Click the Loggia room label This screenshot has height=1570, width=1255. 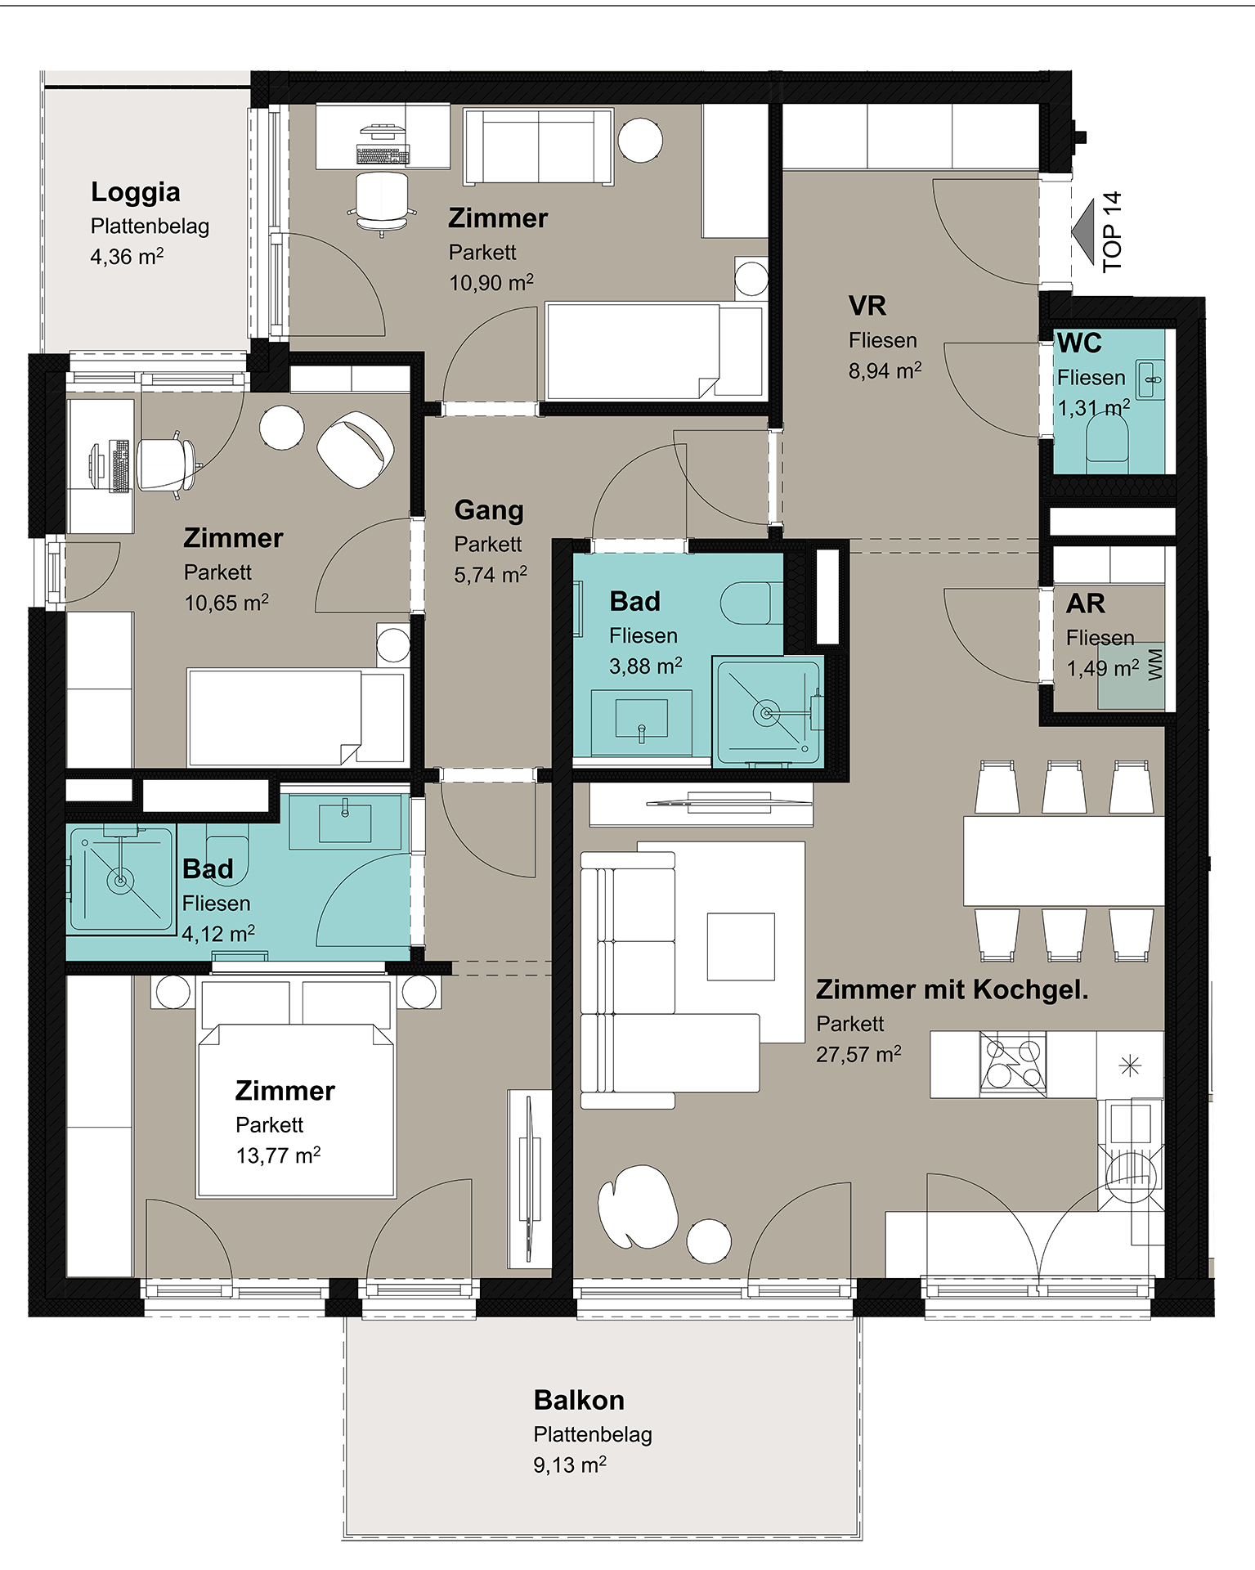click(136, 192)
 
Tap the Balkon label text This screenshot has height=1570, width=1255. click(579, 1400)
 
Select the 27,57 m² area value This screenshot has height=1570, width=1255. click(858, 1054)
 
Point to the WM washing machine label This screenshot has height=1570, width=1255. click(1154, 665)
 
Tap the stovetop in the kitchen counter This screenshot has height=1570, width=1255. click(1013, 1064)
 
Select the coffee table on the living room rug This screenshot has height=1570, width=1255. click(741, 946)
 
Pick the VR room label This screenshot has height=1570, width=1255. click(867, 306)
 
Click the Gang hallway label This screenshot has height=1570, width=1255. click(489, 510)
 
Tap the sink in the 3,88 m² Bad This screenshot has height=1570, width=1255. click(641, 720)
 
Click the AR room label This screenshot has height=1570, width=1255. click(1086, 603)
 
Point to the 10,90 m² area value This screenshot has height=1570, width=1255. click(491, 283)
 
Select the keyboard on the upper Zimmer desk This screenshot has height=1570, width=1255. click(383, 153)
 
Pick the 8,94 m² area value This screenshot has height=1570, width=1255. click(885, 370)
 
